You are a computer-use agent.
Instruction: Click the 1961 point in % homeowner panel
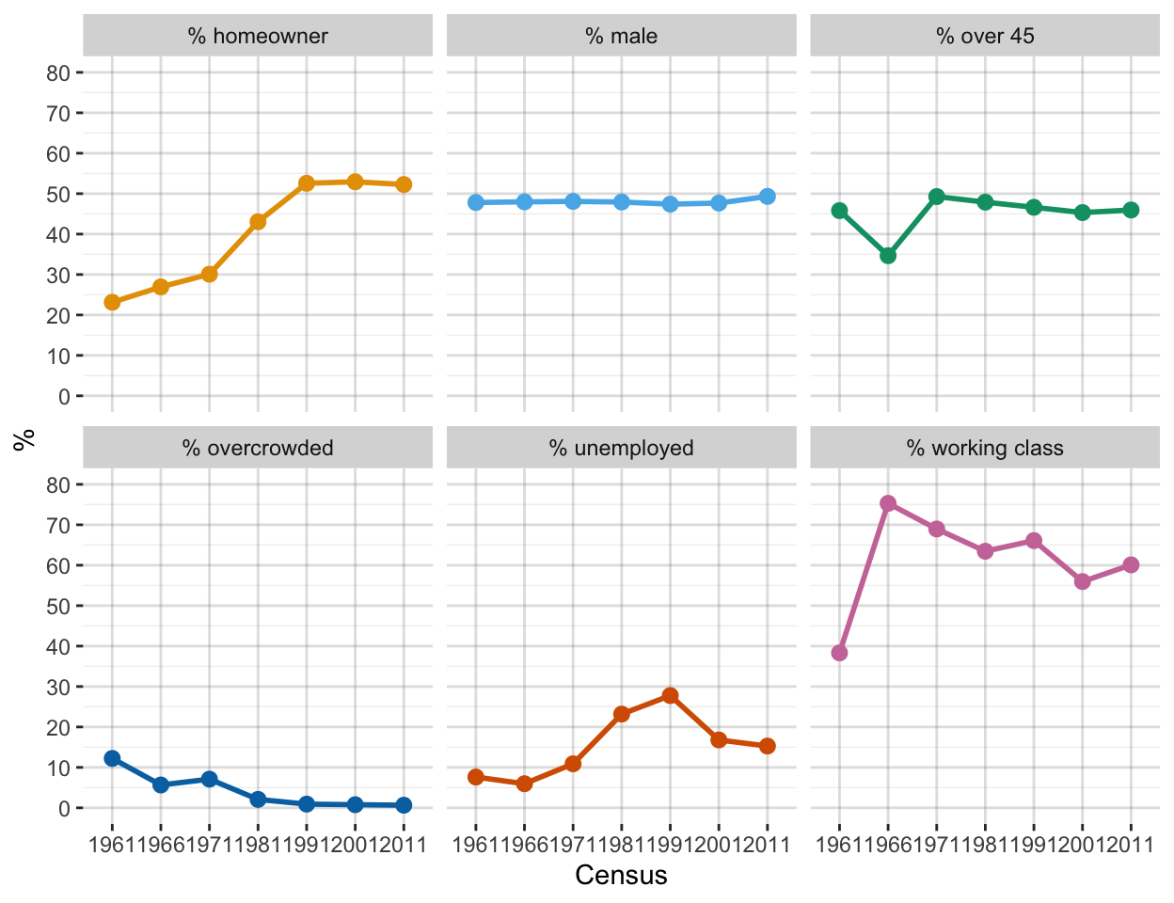coord(112,302)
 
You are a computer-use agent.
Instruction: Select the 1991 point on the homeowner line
coord(307,183)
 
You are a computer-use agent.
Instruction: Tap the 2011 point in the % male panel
coord(768,197)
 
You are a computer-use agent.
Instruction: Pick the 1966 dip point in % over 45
coord(888,256)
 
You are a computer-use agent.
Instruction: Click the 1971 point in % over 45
coord(937,197)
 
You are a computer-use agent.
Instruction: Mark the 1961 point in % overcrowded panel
coord(112,758)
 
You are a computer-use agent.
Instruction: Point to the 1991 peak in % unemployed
coord(670,695)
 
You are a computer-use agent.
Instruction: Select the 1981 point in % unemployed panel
coord(622,714)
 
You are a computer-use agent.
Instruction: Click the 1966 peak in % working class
coord(888,503)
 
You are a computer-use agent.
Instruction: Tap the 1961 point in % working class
coord(839,653)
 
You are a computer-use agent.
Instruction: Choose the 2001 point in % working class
coord(1083,581)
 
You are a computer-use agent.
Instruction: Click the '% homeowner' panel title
coord(258,37)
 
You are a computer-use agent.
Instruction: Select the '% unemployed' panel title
coord(622,449)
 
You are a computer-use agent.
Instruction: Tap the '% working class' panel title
coord(985,449)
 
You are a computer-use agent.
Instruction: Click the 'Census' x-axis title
coord(621,876)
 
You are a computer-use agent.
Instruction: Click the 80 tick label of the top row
coord(58,73)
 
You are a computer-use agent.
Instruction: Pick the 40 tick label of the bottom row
coord(58,647)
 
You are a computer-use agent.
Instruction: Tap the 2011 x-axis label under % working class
coord(1132,845)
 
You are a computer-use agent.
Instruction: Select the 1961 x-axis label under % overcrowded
coord(112,845)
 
